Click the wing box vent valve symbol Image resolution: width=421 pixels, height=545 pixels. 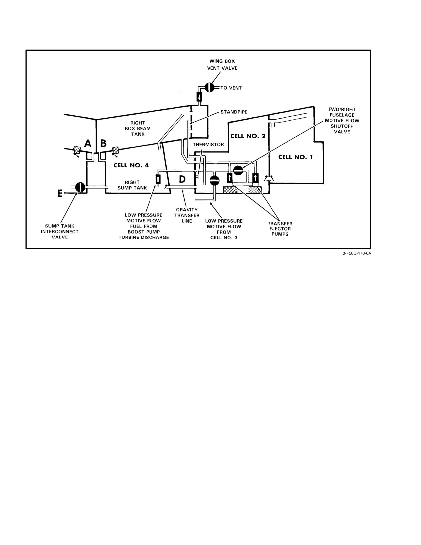coord(210,88)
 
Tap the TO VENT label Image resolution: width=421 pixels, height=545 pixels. coord(231,88)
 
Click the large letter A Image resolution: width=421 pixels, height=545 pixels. coord(88,143)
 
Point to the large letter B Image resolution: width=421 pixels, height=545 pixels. coord(103,143)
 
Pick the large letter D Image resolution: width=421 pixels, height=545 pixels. coord(182,179)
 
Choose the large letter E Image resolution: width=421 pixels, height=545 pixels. coord(60,193)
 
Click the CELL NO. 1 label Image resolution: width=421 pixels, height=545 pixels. coord(296,157)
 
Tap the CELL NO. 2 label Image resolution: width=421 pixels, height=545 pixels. coord(248,136)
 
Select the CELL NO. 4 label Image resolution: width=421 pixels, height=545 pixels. coord(131,165)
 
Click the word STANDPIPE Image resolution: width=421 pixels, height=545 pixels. coord(234,112)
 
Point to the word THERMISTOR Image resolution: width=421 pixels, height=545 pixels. coord(208,145)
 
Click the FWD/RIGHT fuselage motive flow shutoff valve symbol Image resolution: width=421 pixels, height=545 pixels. coord(238,170)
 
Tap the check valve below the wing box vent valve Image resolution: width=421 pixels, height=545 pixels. coord(199,97)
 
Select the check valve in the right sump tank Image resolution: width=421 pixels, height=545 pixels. coord(158,179)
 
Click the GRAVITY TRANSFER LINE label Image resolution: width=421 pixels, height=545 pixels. coord(187,215)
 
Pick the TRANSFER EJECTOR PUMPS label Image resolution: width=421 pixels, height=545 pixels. coord(280,229)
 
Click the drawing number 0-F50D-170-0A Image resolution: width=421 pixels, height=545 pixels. coord(357,253)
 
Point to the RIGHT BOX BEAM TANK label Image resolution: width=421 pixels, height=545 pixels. coord(138,128)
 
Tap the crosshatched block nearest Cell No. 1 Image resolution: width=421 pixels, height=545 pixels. coord(255,190)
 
